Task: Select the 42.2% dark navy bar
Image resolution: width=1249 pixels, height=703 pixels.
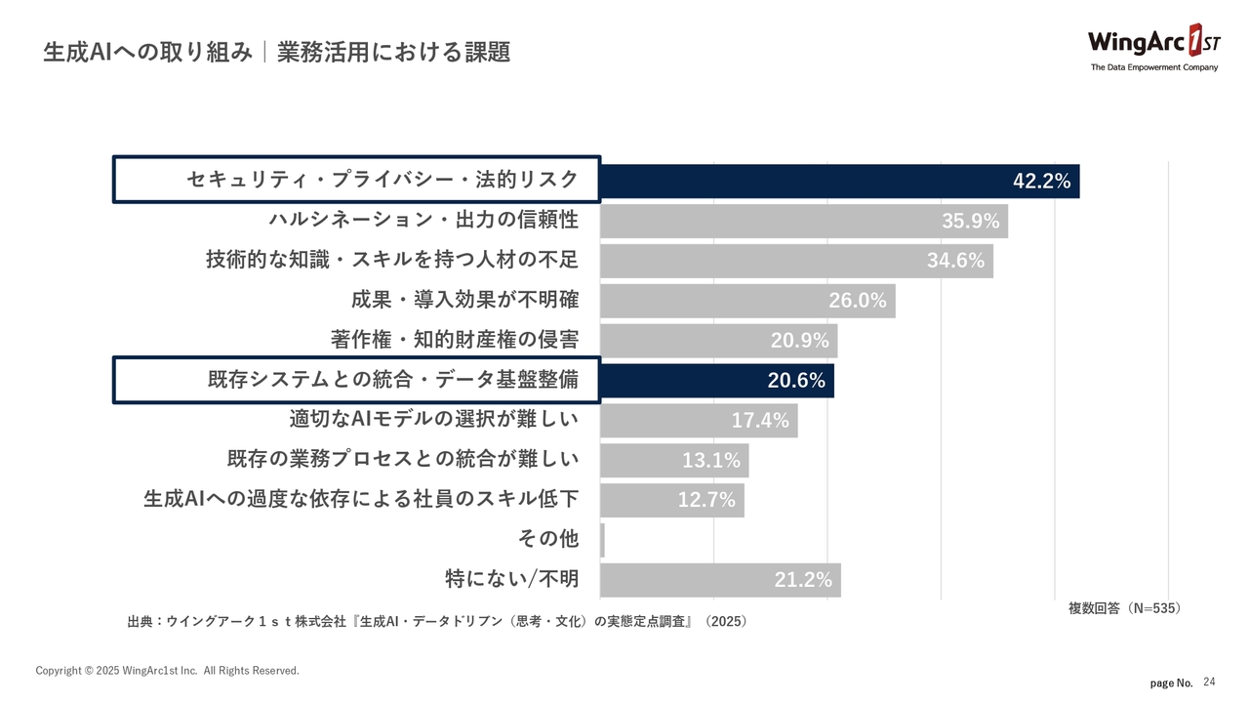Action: coord(839,181)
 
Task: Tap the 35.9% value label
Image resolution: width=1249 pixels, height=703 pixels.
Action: coord(971,222)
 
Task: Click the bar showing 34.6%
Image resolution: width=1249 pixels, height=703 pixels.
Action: coord(796,261)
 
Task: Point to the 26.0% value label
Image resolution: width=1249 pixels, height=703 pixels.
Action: coord(858,301)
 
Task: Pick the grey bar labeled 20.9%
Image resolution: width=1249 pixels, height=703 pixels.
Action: coord(718,341)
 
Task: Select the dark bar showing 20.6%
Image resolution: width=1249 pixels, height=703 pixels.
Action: coord(717,381)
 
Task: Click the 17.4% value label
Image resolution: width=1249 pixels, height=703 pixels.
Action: coord(760,421)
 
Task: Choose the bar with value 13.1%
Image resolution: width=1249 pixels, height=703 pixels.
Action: coord(674,461)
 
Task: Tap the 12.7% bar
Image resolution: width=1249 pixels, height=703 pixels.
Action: coord(672,501)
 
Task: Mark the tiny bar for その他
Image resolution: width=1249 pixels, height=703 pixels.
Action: coord(603,540)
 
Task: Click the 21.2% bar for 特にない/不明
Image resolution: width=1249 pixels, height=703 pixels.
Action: coord(720,580)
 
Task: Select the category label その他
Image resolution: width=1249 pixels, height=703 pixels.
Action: coord(548,539)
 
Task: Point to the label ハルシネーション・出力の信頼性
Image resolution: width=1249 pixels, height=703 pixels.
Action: coord(423,221)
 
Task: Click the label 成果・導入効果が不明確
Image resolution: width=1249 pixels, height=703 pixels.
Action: coord(464,300)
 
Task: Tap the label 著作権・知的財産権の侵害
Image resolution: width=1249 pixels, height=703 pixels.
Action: coord(454,340)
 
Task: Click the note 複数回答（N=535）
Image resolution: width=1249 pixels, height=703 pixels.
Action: coord(1124,608)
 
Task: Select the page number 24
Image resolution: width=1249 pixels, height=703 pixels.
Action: coord(1210,682)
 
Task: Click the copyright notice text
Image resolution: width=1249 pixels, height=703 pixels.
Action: coord(168,671)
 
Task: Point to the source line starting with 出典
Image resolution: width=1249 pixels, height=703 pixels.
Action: coord(437,622)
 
